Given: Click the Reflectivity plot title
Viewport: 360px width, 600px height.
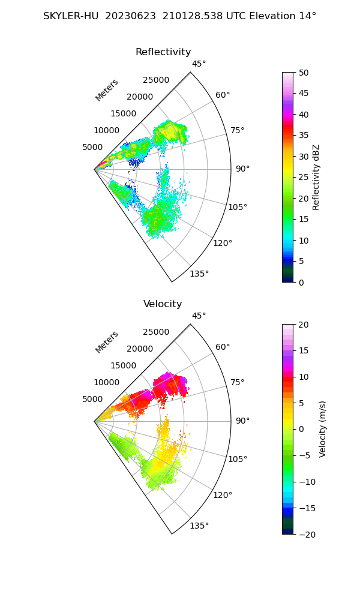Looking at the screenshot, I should [163, 52].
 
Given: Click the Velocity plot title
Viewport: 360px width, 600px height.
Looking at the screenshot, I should [163, 304].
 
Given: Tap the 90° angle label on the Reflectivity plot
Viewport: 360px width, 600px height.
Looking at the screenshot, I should [242, 169].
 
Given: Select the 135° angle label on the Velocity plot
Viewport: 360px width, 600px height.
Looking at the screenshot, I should [199, 526].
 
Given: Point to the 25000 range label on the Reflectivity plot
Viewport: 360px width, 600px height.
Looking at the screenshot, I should [156, 80].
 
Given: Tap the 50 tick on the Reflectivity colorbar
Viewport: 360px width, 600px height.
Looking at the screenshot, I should [304, 73].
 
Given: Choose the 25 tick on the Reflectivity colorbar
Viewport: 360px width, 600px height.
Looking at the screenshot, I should [304, 178].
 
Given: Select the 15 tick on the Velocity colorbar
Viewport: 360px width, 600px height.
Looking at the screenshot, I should [304, 350].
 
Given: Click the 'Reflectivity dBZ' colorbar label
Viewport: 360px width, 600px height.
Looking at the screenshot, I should [316, 177].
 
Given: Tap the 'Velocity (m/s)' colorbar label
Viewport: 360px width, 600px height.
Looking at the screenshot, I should [322, 429].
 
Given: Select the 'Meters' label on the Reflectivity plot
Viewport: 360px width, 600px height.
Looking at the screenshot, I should [107, 90].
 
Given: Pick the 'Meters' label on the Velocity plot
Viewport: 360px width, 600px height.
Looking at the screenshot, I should [107, 342].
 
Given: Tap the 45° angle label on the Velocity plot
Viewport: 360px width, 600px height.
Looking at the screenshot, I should [199, 316].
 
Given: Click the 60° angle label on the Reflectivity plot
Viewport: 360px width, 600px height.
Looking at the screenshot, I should [223, 95].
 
